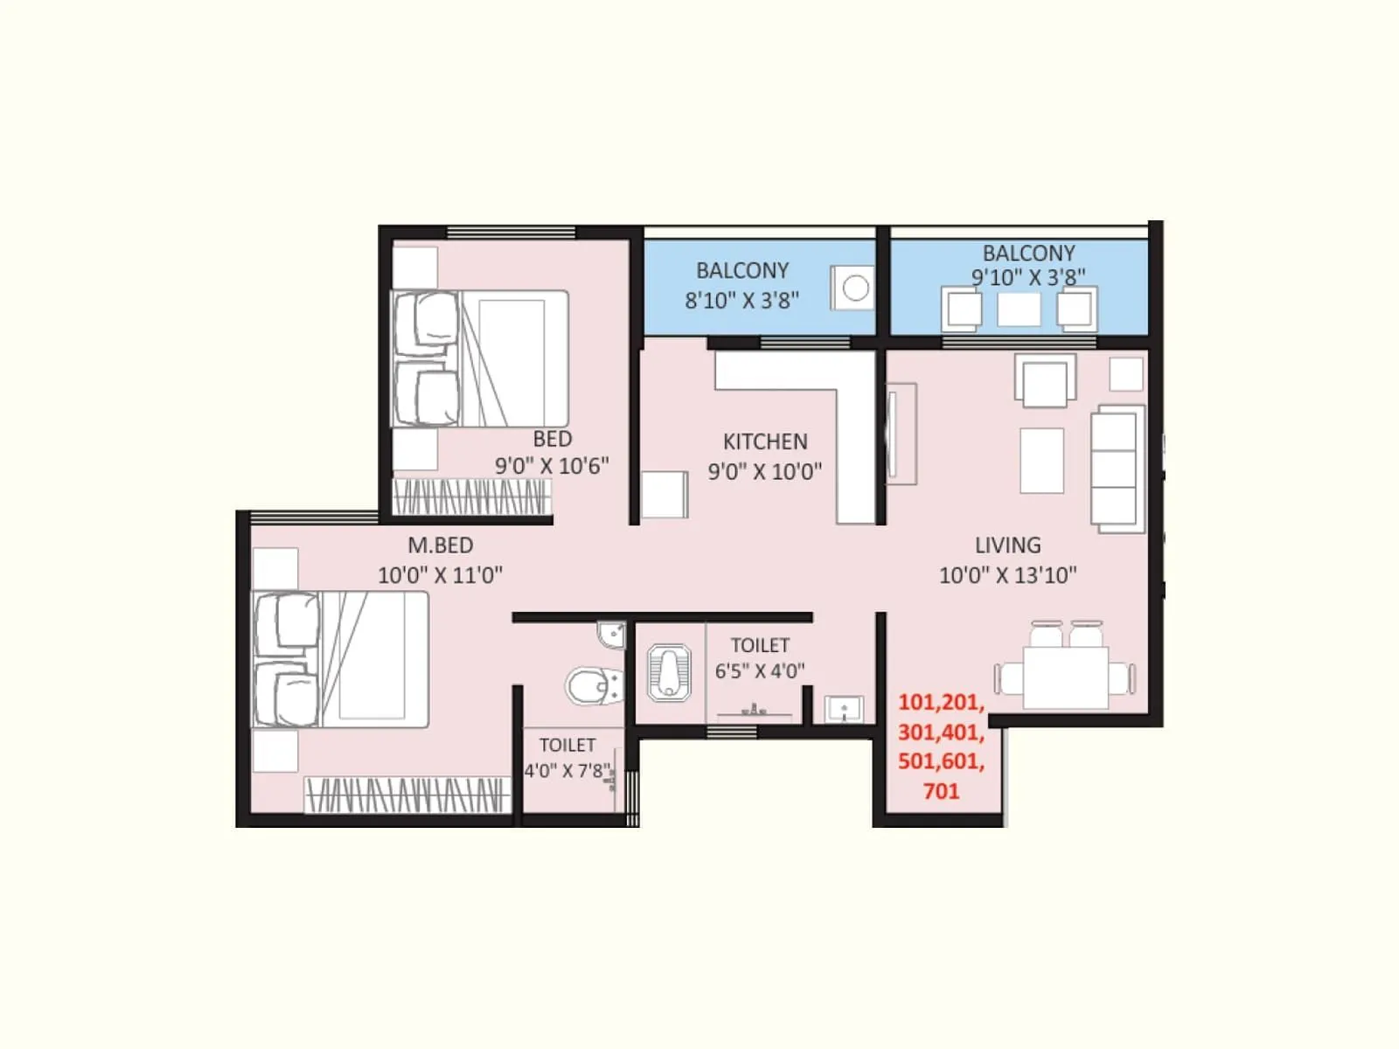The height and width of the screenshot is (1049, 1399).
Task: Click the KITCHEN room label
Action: click(x=765, y=441)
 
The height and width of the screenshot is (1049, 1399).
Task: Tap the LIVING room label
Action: click(x=1007, y=545)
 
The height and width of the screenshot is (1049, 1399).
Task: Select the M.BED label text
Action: click(x=441, y=545)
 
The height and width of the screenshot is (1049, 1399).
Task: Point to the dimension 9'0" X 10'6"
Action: click(x=552, y=466)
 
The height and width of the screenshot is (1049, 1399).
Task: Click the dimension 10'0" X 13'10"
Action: click(x=1007, y=575)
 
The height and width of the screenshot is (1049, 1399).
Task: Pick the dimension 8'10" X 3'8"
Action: click(x=741, y=301)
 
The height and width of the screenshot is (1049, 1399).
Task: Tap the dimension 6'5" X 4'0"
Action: click(x=759, y=671)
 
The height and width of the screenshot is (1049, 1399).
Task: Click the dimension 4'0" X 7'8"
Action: click(x=566, y=771)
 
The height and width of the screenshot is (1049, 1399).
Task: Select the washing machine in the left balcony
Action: click(x=853, y=287)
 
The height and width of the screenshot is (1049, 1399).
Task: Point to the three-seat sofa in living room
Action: click(x=1117, y=469)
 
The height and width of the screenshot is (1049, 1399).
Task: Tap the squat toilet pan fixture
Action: click(x=668, y=673)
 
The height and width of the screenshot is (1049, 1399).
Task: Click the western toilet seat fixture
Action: click(x=591, y=687)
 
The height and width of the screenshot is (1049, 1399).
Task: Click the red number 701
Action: click(x=941, y=792)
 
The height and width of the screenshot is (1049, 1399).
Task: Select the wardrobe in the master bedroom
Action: click(x=407, y=795)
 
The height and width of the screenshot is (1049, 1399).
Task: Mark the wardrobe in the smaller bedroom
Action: click(x=471, y=497)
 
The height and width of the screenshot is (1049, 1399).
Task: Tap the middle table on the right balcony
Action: click(x=1019, y=309)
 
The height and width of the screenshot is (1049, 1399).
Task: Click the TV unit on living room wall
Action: click(x=901, y=434)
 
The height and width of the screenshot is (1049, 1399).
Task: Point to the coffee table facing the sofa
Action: click(x=1041, y=460)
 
